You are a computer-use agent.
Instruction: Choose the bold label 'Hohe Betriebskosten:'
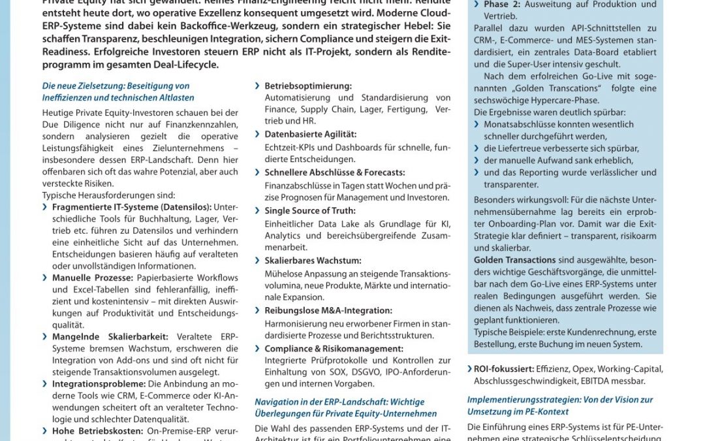[x=97, y=431]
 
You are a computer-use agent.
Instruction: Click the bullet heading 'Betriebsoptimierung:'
[x=307, y=86]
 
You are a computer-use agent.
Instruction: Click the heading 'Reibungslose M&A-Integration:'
[x=330, y=310]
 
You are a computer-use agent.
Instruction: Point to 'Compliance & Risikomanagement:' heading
[x=334, y=348]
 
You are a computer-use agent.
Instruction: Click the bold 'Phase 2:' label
[x=501, y=5]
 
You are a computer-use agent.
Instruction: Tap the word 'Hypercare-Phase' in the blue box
[x=565, y=100]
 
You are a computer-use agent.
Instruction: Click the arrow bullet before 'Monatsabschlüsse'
[x=478, y=124]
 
